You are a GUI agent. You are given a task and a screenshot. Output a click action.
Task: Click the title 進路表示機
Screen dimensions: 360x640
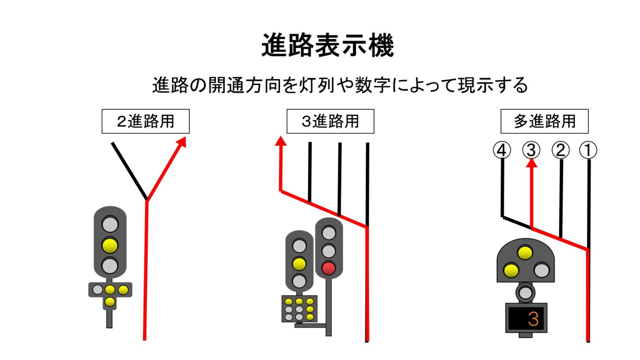pyautogui.click(x=327, y=45)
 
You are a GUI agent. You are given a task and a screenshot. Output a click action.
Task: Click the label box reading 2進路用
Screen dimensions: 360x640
pyautogui.click(x=145, y=121)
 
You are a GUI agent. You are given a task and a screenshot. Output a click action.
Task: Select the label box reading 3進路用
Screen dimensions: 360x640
pyautogui.click(x=330, y=121)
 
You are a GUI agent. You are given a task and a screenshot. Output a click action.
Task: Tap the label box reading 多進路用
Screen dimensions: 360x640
pyautogui.click(x=544, y=121)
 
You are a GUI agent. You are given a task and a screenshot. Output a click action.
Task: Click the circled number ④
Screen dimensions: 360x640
pyautogui.click(x=502, y=150)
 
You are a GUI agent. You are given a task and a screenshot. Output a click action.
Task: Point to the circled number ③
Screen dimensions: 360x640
pyautogui.click(x=531, y=150)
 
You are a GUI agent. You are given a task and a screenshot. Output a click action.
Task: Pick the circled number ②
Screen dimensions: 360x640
pyautogui.click(x=560, y=150)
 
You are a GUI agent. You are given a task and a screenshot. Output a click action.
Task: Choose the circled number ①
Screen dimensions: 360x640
pyautogui.click(x=588, y=150)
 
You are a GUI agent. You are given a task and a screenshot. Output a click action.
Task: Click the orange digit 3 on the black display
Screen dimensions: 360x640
pyautogui.click(x=533, y=319)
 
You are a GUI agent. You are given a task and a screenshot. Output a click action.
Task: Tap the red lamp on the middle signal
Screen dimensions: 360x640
pyautogui.click(x=329, y=268)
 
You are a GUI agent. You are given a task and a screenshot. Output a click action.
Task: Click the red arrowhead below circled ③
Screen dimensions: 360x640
pyautogui.click(x=531, y=163)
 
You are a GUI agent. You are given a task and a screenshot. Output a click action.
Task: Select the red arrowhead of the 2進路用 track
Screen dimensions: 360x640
pyautogui.click(x=181, y=142)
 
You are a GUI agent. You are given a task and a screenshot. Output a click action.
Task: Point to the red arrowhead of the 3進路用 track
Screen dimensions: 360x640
pyautogui.click(x=281, y=141)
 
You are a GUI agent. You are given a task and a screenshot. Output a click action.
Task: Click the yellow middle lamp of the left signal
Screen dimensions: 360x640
pyautogui.click(x=110, y=245)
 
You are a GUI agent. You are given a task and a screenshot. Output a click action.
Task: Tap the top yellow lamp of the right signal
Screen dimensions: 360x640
pyautogui.click(x=525, y=252)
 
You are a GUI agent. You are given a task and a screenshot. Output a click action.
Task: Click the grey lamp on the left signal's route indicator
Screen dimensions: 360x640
pyautogui.click(x=97, y=290)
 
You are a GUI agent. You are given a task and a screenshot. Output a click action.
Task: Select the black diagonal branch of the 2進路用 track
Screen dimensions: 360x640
pyautogui.click(x=129, y=171)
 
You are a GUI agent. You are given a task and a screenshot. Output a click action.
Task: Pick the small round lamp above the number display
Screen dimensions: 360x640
pyautogui.click(x=525, y=292)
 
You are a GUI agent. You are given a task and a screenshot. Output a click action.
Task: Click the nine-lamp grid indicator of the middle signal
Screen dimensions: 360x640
pyautogui.click(x=299, y=309)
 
